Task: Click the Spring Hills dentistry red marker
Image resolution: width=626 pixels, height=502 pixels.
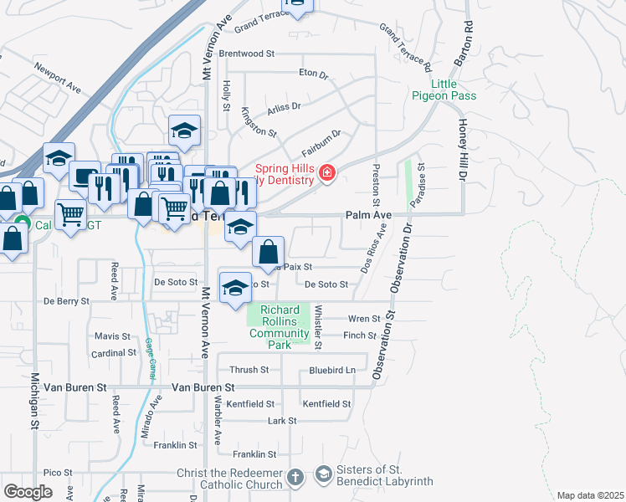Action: pos(327,174)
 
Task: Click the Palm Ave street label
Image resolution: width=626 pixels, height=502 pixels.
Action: pos(369,216)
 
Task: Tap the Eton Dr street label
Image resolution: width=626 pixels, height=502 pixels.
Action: pos(314,74)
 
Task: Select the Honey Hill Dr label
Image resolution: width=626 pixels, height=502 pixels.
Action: pos(460,150)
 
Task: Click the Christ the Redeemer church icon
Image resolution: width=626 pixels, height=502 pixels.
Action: pos(295,477)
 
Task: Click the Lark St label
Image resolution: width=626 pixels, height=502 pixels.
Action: pos(281,421)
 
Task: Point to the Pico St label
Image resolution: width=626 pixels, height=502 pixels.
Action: pos(59,473)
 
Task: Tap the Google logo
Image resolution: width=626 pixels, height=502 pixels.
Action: pos(28,492)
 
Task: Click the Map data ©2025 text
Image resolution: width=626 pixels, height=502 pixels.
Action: pos(590,495)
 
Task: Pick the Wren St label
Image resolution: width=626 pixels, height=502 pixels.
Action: pos(364,319)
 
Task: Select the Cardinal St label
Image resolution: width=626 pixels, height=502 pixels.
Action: pos(114,353)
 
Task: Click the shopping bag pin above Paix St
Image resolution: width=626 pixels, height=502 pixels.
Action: pos(268,250)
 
